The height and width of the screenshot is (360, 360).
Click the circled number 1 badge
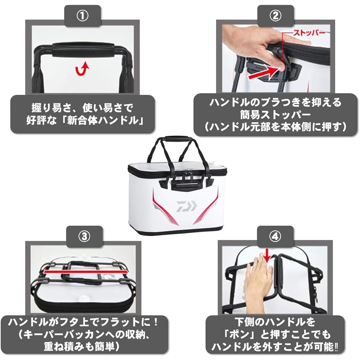(x=82, y=16)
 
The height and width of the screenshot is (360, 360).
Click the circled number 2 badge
(x=275, y=16)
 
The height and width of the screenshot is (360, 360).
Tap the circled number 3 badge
(x=84, y=237)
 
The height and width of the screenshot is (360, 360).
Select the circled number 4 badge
(x=275, y=237)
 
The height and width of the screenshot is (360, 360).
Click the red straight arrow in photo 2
(x=264, y=73)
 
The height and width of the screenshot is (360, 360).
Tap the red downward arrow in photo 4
(x=267, y=256)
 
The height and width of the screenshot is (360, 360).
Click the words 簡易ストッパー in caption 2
(x=275, y=115)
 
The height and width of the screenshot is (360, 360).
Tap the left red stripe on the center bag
(x=163, y=207)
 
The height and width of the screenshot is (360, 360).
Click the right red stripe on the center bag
(x=206, y=206)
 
